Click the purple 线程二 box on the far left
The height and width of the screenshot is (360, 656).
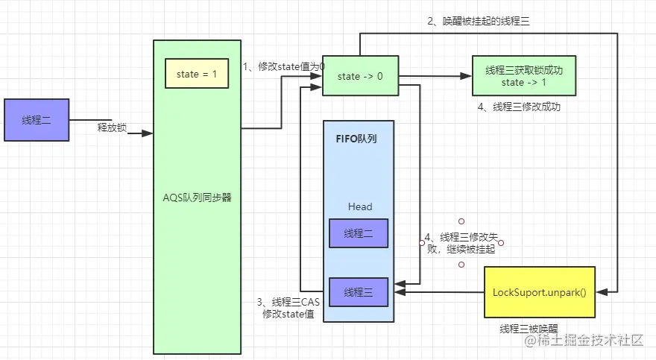[x=37, y=120]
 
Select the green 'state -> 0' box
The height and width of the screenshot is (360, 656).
[x=359, y=77]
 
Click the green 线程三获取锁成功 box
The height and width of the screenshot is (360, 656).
[x=523, y=76]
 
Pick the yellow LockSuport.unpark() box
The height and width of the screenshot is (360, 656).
[x=540, y=292]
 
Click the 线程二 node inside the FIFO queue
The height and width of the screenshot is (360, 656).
[x=359, y=234]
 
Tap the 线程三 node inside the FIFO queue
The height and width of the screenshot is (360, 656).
[x=359, y=291]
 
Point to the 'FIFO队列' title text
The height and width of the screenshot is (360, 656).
[x=357, y=138]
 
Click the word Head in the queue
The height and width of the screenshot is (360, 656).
[x=359, y=206]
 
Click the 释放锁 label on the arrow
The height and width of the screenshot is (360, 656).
[x=112, y=127]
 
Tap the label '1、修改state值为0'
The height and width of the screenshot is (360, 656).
[x=285, y=66]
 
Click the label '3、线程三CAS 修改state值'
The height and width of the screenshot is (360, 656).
[x=288, y=308]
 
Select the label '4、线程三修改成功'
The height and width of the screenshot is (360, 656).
[x=519, y=107]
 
